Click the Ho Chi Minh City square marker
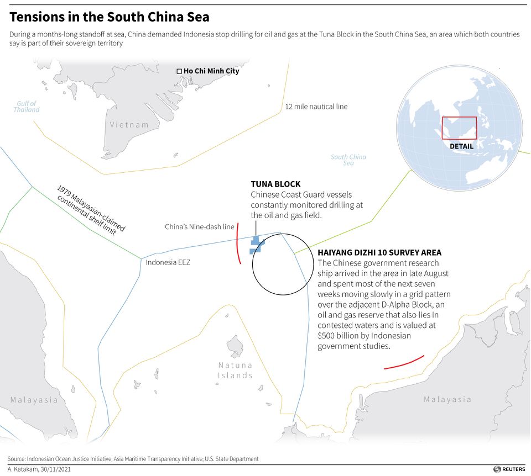coord(179,71)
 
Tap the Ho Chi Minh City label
coord(211,71)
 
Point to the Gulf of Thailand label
coord(27,107)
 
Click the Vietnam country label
coord(129,125)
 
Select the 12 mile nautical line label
coord(316,106)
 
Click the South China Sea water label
coord(348,160)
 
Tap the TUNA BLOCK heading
coord(275,184)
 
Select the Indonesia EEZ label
coord(168,262)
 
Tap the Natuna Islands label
coord(235,370)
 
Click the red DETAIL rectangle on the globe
coord(459,128)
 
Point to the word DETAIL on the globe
coord(461,146)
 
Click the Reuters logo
coord(509,469)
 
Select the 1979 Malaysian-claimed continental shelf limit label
coord(91,210)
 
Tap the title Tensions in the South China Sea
coord(110,17)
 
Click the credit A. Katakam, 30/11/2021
coord(40,469)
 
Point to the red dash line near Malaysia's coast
coord(404,362)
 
